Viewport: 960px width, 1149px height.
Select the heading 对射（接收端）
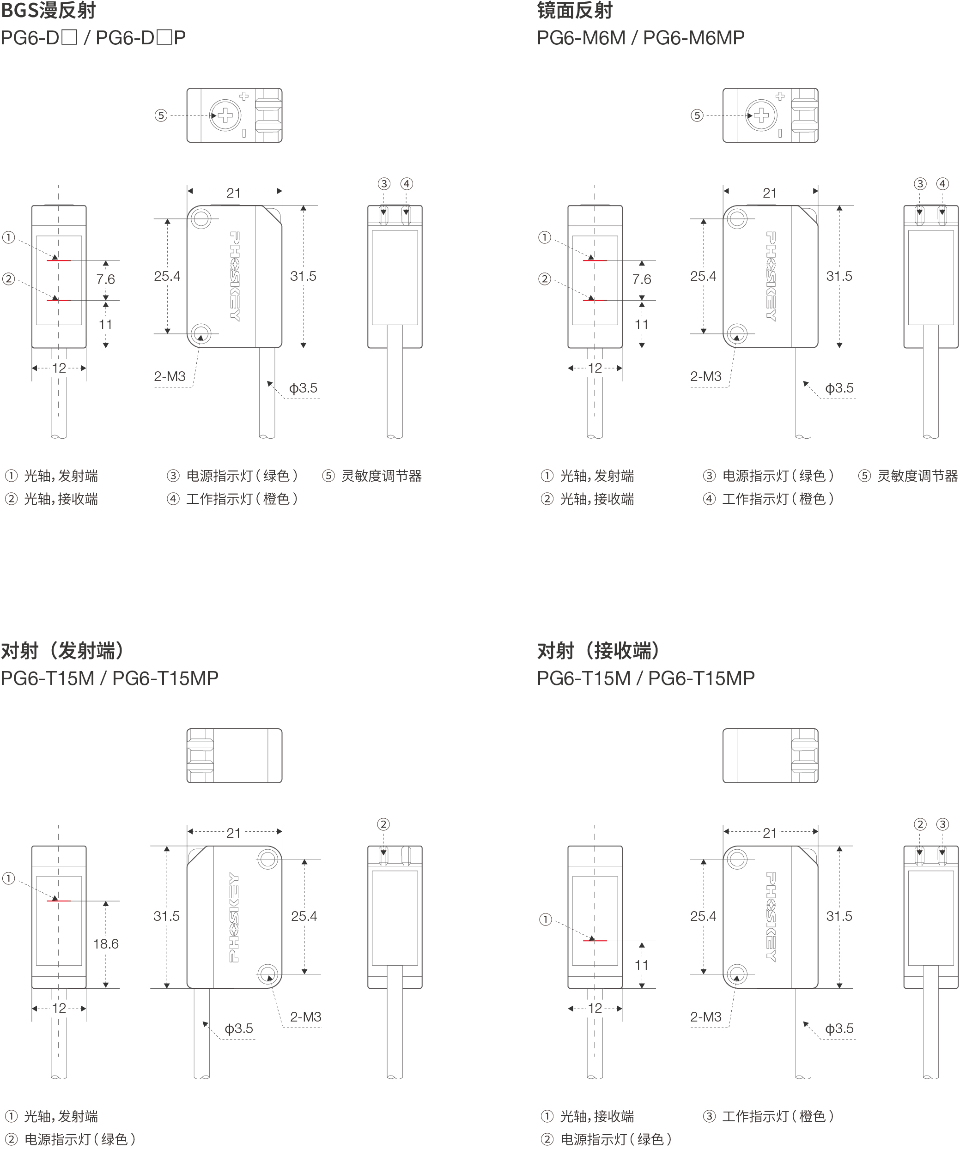[x=600, y=651]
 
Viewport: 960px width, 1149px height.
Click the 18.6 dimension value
[x=106, y=944]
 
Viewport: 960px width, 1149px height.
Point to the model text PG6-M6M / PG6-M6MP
[x=640, y=38]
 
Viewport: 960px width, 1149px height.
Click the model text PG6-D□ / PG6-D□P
[x=93, y=38]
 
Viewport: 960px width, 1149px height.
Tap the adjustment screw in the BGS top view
[x=225, y=115]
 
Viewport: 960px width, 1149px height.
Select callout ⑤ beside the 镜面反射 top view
[x=697, y=115]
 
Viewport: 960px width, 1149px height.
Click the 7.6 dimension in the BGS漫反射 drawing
[x=106, y=279]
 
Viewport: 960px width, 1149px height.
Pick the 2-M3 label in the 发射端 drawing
[x=305, y=1016]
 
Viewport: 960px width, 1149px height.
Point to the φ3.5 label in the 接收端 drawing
[x=839, y=1028]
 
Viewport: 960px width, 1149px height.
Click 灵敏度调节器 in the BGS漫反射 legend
[x=382, y=476]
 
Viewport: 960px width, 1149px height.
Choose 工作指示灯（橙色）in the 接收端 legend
[x=777, y=1116]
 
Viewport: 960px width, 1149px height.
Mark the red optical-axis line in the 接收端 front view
[x=595, y=941]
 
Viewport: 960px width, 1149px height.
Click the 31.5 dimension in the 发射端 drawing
[x=166, y=916]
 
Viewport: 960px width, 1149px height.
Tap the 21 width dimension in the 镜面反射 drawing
[x=770, y=193]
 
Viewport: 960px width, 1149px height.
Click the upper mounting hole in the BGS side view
[x=201, y=219]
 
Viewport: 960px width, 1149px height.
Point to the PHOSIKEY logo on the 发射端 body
[x=234, y=917]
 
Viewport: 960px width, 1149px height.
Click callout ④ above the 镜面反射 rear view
[x=942, y=184]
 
